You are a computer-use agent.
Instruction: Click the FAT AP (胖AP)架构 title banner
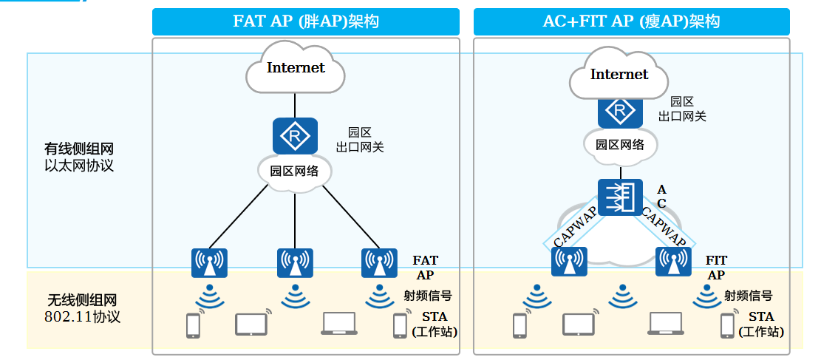point(305,21)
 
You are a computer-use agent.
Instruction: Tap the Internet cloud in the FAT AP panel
point(296,68)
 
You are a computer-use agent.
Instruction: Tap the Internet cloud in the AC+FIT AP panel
point(619,75)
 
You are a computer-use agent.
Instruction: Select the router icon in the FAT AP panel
point(295,136)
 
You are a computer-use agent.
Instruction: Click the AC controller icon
point(621,197)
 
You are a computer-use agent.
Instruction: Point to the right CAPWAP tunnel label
point(664,227)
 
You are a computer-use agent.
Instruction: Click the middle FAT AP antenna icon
point(295,262)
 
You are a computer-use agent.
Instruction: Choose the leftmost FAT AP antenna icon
point(209,262)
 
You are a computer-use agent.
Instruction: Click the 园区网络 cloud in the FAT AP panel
point(295,171)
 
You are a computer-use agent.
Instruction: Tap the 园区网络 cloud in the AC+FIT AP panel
point(620,145)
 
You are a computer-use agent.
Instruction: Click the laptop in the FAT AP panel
point(339,322)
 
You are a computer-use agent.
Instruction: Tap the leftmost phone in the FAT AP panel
point(194,325)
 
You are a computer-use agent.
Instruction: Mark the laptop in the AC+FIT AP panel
point(666,322)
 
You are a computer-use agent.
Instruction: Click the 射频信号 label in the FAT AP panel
point(427,296)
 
